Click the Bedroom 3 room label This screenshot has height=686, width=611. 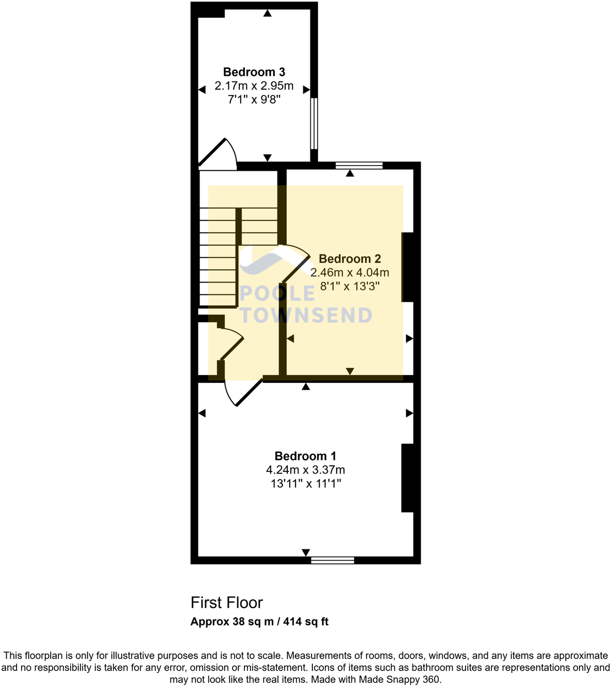point(254,72)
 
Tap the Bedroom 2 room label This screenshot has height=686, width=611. point(350,259)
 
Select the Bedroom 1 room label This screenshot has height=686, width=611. point(305,456)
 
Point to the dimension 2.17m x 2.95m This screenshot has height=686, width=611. point(254,86)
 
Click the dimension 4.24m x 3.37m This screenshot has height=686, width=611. point(305,470)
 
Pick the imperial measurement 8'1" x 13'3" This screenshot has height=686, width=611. point(350,286)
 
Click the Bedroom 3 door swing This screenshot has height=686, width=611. point(219,154)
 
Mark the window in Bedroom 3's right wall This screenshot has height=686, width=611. point(313,123)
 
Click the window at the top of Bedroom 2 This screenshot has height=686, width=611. point(359,166)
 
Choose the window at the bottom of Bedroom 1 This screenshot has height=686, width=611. point(333,560)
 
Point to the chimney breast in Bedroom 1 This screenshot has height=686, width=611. point(407,478)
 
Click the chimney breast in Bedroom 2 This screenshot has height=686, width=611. point(407,267)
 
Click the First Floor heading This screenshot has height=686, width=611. point(226,602)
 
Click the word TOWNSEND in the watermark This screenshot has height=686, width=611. point(306,315)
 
